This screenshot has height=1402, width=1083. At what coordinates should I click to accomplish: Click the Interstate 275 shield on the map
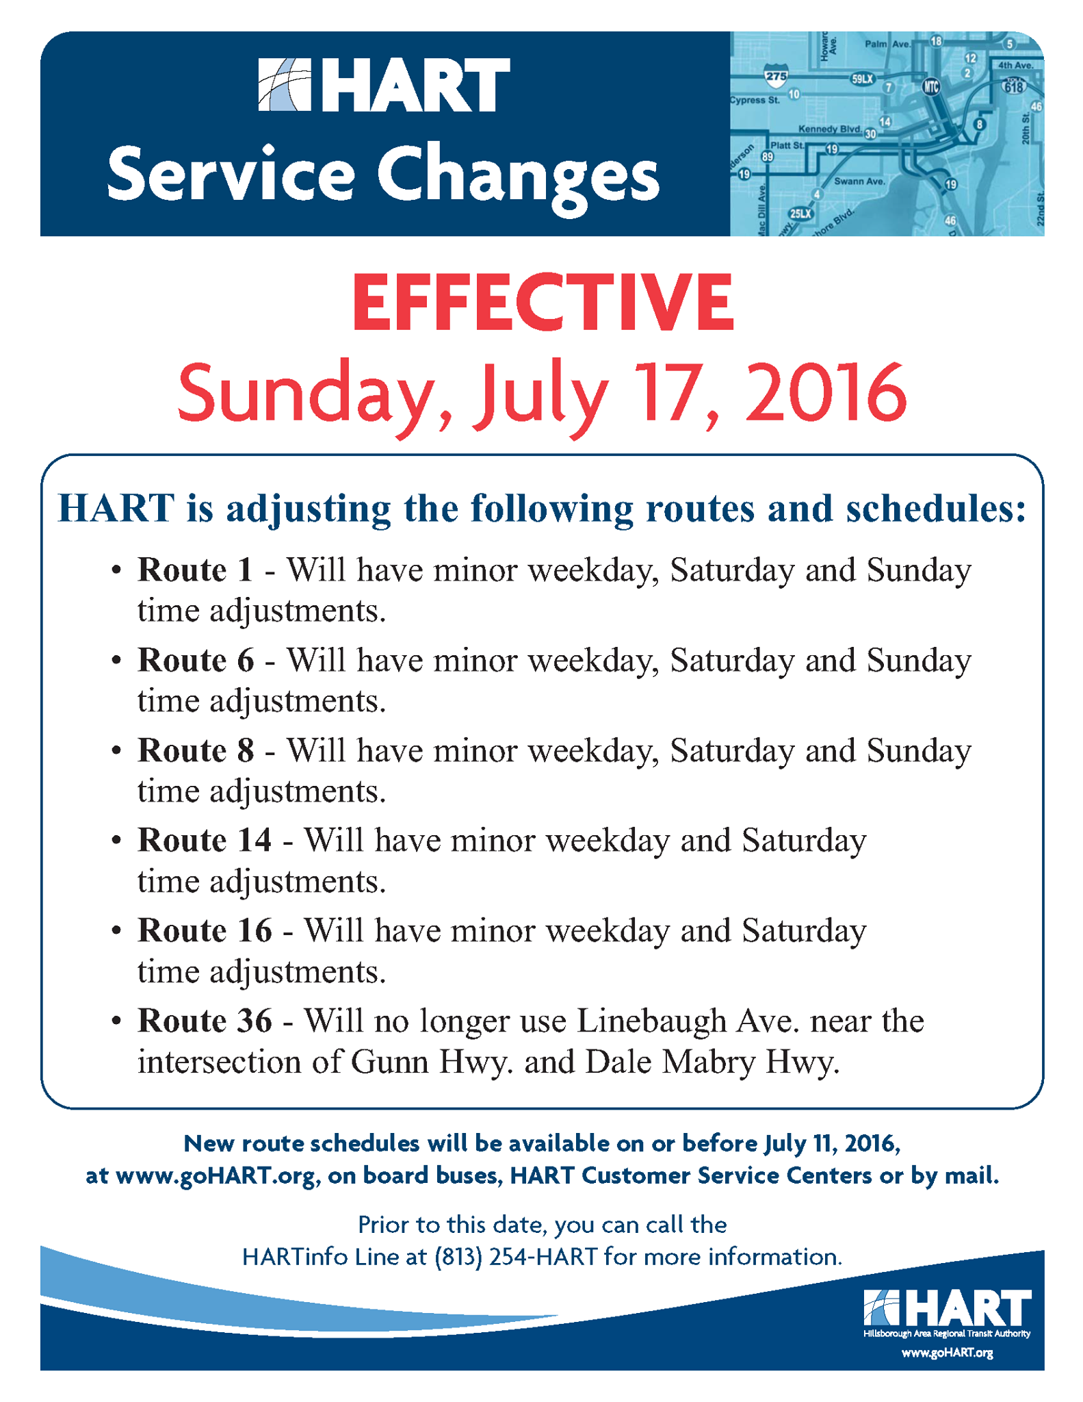tap(776, 76)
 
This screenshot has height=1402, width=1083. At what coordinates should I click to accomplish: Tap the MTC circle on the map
tap(930, 87)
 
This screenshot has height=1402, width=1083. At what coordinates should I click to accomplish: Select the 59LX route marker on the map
tap(862, 79)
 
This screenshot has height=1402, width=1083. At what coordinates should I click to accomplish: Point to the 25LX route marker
tap(800, 214)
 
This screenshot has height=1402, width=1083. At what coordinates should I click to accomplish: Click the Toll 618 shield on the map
tap(1014, 85)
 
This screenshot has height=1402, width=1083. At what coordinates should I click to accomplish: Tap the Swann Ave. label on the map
tap(859, 181)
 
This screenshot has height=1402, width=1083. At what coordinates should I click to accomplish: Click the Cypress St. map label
tap(755, 100)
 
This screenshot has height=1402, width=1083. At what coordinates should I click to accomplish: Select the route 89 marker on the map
tap(768, 157)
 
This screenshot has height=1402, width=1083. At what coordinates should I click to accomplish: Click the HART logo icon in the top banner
tap(285, 85)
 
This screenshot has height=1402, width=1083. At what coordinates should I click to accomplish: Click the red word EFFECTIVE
tap(543, 302)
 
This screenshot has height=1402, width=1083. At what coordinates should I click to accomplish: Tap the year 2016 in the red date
tap(825, 392)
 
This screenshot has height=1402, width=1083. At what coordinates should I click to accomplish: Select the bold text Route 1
tap(195, 570)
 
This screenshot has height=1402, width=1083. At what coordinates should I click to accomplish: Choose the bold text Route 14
tap(205, 841)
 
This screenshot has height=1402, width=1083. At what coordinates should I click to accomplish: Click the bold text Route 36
tap(205, 1021)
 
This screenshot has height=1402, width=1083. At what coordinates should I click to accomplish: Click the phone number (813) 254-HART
tap(517, 1257)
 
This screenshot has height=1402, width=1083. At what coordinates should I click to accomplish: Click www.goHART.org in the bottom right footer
tap(947, 1353)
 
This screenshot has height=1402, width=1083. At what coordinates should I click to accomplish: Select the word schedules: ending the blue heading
tap(936, 509)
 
